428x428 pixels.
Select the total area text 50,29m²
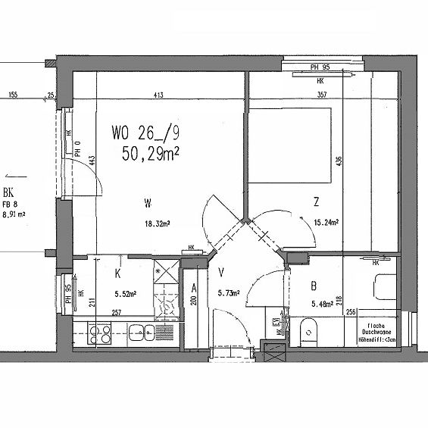point(151,154)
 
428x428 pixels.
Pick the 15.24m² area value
point(325,223)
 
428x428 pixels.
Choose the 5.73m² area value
point(228,294)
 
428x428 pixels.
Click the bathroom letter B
point(313,286)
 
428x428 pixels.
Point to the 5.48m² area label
point(325,305)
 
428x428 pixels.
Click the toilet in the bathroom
point(308,330)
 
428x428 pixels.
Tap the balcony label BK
point(9,192)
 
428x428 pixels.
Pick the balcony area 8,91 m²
point(14,214)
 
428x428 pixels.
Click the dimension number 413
point(159,95)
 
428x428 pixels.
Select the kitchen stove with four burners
point(100,333)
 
